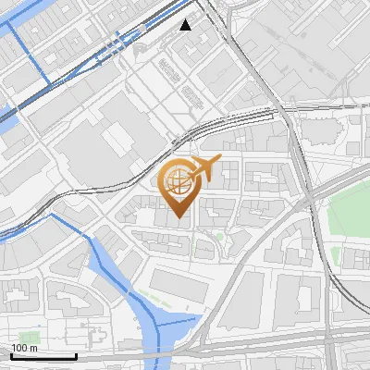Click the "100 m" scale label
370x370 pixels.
(24, 348)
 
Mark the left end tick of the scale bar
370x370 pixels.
(10, 355)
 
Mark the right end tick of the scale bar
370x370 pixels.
(76, 355)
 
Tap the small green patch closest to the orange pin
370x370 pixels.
(219, 237)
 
